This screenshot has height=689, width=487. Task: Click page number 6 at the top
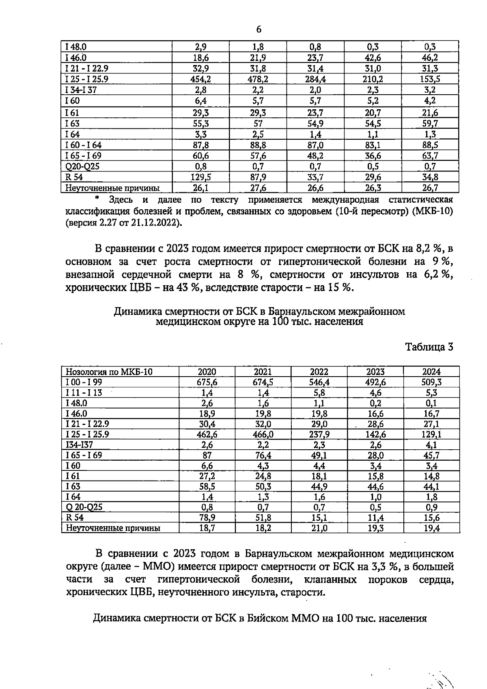259,29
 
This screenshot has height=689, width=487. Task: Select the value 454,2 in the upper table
200,79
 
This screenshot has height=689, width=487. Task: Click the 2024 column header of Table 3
431,371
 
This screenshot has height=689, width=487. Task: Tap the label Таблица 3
429,347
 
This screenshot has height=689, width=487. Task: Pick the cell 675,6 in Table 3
207,382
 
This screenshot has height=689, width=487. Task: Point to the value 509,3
431,382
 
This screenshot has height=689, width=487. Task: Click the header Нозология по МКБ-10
109,371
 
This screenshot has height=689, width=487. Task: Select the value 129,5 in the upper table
200,177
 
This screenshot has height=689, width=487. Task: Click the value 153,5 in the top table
430,79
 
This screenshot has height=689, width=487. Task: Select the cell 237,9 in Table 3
319,434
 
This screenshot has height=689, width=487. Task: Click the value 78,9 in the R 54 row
207,518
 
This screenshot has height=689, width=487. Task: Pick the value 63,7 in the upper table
430,156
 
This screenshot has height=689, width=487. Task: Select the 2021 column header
263,371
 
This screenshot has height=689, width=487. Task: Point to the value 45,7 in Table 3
431,455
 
